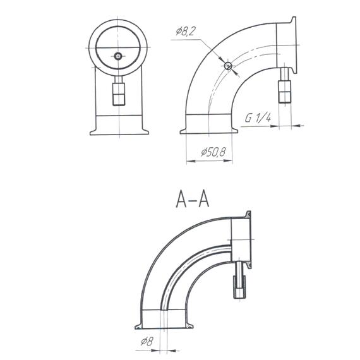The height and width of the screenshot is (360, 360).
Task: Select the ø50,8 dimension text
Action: [x=213, y=152]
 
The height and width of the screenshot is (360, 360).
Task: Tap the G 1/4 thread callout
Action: [x=258, y=118]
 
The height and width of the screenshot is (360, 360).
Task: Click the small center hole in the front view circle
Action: [x=118, y=56]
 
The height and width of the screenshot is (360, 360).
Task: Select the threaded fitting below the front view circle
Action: [x=118, y=92]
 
